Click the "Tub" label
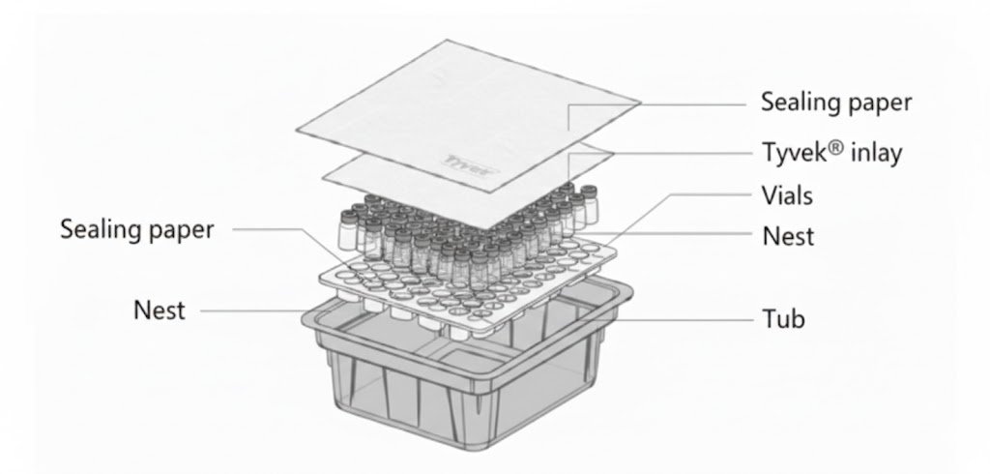click(782, 317)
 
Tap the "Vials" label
click(787, 195)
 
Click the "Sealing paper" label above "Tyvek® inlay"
click(836, 102)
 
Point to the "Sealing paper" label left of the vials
click(136, 229)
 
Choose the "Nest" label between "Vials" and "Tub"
click(788, 235)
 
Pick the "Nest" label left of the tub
click(160, 311)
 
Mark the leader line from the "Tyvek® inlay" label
click(677, 153)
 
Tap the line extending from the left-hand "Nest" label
click(251, 311)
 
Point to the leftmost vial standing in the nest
click(346, 232)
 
